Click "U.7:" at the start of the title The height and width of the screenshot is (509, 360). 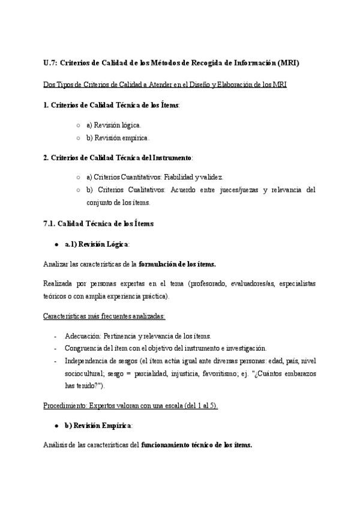[x=51, y=62]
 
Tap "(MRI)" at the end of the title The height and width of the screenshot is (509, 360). [x=288, y=62]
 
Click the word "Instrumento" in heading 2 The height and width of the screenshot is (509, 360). [x=170, y=157]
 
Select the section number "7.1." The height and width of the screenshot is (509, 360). [x=50, y=223]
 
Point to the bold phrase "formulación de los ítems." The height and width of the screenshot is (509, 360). [x=177, y=264]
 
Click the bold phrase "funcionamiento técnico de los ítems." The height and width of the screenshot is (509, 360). [x=197, y=445]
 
